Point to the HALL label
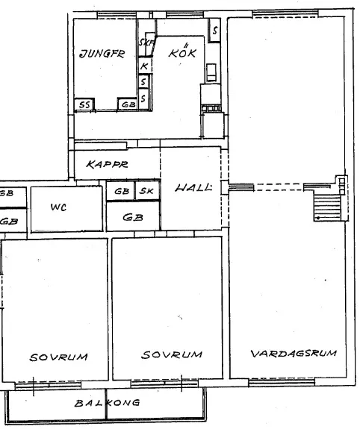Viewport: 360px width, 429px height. point(193,188)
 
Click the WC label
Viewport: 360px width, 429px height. point(58,207)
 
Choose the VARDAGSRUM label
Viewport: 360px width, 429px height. point(294,354)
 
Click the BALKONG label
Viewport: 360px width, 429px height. point(108,403)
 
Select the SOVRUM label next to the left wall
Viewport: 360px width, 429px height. point(58,357)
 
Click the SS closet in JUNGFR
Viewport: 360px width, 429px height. point(84,105)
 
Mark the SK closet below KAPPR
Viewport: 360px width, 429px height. point(147,192)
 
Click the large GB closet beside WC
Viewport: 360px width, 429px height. point(133,218)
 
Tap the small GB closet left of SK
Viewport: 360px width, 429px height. point(121,192)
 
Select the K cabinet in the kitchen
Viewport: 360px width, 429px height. point(144,66)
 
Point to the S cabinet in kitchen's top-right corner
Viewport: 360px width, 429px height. point(214,32)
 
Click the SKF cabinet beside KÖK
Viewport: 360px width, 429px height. point(146,43)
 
